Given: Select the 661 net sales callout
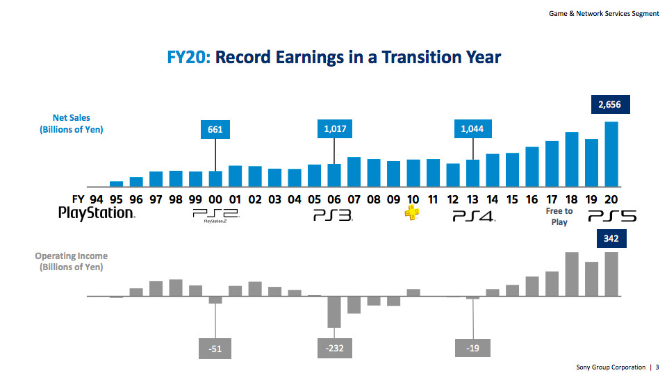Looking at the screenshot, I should click(x=215, y=129).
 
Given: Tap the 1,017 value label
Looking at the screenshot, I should click(x=334, y=128).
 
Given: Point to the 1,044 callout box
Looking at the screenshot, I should click(x=473, y=128).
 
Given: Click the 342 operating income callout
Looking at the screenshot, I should click(x=611, y=240).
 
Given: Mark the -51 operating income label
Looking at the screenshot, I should click(x=215, y=349).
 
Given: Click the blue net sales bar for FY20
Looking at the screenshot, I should click(x=611, y=154).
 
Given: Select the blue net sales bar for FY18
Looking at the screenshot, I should click(x=572, y=159).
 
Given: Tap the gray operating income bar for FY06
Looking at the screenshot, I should click(x=334, y=312).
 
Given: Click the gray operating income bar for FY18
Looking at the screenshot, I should click(x=572, y=274).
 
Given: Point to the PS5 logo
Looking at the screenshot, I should click(x=612, y=217).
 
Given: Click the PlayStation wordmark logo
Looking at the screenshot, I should click(x=96, y=213).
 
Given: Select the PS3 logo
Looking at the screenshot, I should click(x=333, y=216).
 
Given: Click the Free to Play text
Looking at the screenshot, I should click(x=559, y=217).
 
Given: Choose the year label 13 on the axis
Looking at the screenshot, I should click(x=473, y=199).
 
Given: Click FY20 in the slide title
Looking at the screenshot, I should click(x=188, y=56).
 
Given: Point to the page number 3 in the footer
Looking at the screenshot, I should click(x=657, y=367).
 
